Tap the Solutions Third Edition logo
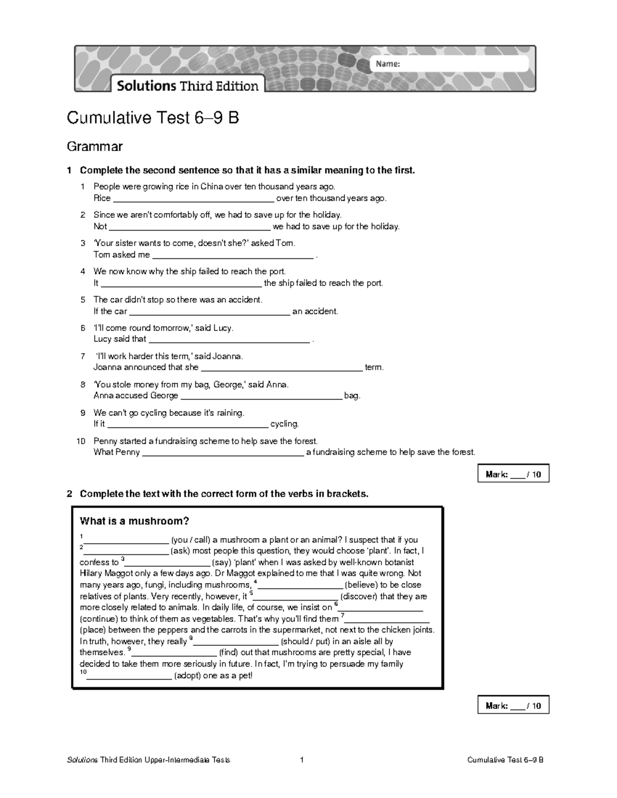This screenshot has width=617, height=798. coord(188,85)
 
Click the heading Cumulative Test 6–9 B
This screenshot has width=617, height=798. coord(153,119)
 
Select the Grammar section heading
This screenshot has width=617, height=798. coord(95,146)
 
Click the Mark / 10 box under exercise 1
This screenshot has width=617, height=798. coord(513,474)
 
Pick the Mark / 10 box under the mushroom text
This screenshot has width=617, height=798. coord(513,706)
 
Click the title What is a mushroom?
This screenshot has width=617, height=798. coord(135,521)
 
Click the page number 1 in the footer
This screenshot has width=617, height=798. coord(302,760)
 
